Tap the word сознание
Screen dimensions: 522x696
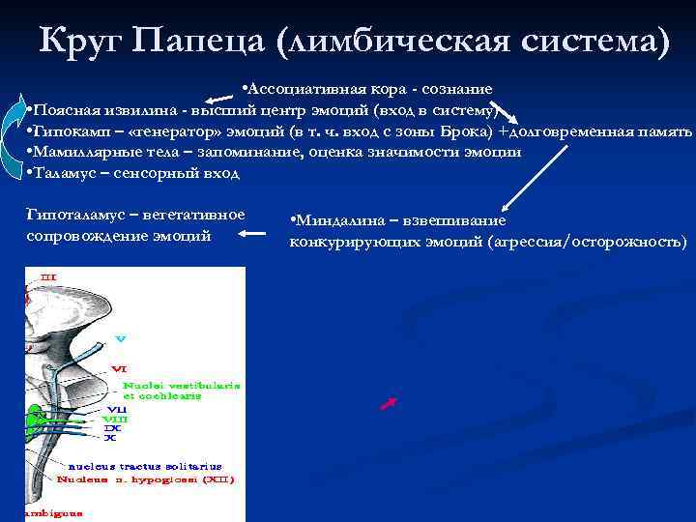[x=454, y=89]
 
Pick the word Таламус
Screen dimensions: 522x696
[x=67, y=173]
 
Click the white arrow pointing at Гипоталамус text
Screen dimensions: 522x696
[x=255, y=233]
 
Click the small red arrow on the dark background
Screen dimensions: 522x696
[x=390, y=403]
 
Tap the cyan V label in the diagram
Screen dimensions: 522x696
[x=120, y=338]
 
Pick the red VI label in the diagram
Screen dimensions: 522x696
[x=118, y=368]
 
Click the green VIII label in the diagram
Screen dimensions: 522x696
[x=114, y=419]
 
